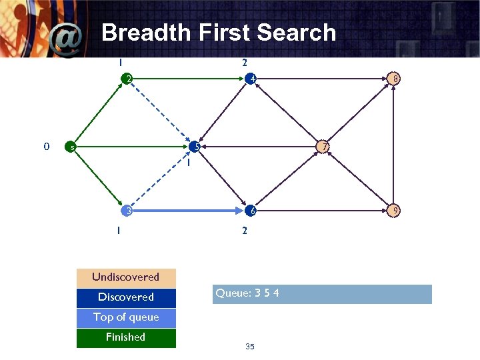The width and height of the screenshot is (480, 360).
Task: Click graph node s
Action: point(68,147)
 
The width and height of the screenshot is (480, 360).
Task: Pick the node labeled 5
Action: point(195,147)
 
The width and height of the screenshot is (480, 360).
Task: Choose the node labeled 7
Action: point(323,147)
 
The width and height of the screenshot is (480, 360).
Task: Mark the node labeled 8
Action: point(395,79)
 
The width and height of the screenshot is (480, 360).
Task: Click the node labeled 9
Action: point(395,211)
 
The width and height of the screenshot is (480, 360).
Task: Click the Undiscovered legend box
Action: point(126,277)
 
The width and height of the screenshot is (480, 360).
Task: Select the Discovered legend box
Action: point(126,297)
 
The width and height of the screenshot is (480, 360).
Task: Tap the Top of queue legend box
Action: point(126,317)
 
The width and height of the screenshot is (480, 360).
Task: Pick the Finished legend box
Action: point(126,337)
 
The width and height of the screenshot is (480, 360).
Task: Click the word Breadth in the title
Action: point(141,33)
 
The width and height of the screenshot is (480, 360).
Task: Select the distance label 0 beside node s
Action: point(45,146)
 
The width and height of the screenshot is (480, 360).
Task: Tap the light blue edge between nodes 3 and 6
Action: point(189,211)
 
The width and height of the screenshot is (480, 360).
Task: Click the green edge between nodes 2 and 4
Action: point(189,79)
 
